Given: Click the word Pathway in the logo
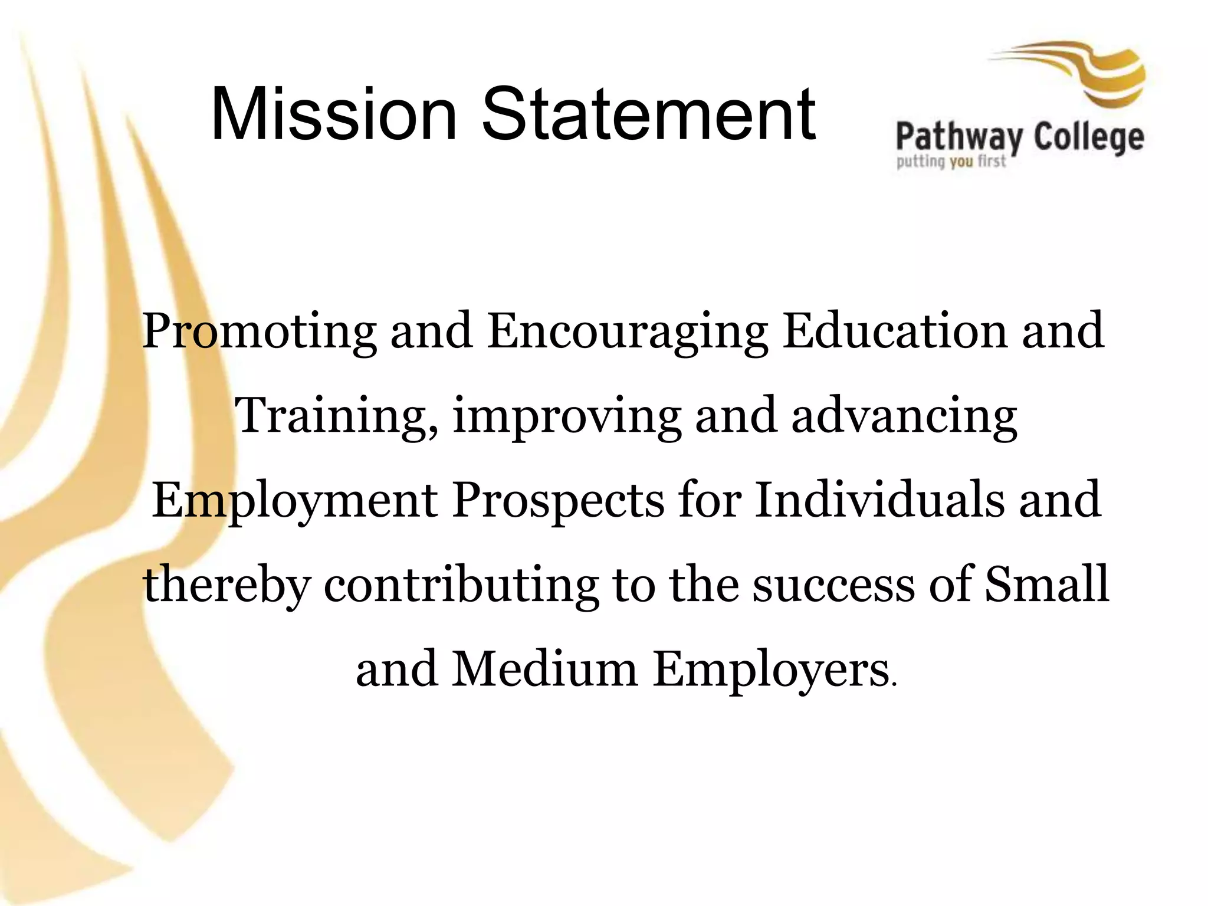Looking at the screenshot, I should (x=958, y=139).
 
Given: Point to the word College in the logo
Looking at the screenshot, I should (x=1089, y=139).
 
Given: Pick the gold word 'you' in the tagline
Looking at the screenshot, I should (x=961, y=161).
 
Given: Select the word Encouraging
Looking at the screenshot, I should (x=628, y=332).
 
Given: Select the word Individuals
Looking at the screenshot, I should (x=879, y=500).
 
